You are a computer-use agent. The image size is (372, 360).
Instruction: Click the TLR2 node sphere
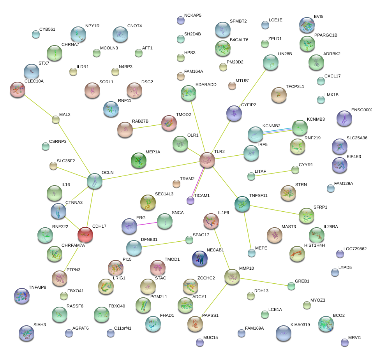(x=207, y=160)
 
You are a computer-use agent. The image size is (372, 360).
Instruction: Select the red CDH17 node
(x=85, y=235)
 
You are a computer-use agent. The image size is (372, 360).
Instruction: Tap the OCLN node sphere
(x=95, y=181)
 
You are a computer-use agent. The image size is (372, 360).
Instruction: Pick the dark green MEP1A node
(x=139, y=160)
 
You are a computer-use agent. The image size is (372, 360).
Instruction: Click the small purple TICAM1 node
(x=190, y=200)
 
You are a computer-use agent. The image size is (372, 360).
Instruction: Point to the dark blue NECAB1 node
(x=200, y=258)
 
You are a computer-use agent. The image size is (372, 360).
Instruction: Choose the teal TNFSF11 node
(x=242, y=204)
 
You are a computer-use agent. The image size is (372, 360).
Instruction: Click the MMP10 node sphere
(x=232, y=277)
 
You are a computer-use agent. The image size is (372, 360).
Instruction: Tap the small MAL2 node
(x=56, y=119)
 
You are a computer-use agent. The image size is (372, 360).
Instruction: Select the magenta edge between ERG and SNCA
(x=147, y=224)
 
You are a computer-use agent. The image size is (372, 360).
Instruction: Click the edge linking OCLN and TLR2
(x=151, y=170)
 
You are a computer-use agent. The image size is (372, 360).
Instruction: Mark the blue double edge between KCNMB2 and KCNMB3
(x=278, y=131)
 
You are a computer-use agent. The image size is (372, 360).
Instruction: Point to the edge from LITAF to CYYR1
(x=273, y=173)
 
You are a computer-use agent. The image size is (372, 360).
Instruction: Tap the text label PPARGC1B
(x=326, y=35)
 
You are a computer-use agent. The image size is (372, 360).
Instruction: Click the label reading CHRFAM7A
(x=73, y=245)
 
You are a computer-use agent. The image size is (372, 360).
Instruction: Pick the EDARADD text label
(x=206, y=84)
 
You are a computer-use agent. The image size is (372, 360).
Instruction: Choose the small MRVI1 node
(x=344, y=342)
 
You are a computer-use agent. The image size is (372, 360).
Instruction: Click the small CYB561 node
(x=36, y=34)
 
